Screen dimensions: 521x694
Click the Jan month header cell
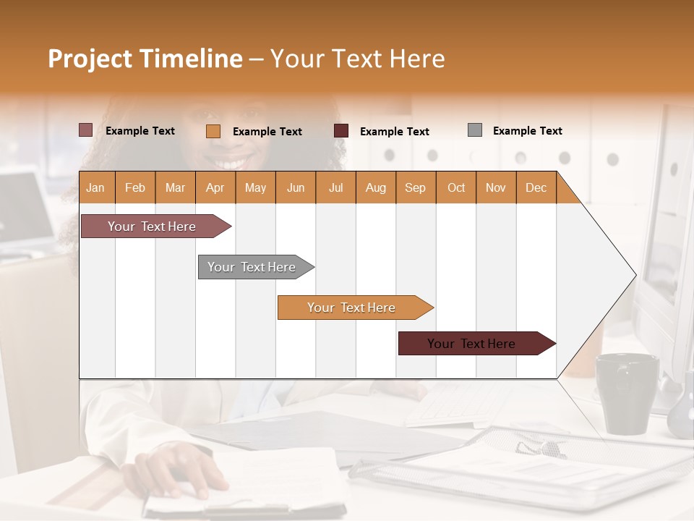[96, 187]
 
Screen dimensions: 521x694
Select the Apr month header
[215, 187]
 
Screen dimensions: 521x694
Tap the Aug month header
[376, 187]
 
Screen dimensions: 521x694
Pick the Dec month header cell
[536, 187]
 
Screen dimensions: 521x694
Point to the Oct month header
[456, 187]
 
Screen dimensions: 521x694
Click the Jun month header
[296, 187]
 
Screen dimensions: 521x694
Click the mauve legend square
[85, 130]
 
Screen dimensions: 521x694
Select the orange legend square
[213, 131]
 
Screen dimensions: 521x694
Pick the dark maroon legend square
[341, 131]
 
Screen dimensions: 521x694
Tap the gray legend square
[475, 130]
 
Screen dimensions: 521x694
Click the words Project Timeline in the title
[145, 59]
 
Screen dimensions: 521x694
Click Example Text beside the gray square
[527, 131]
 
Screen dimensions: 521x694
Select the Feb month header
[135, 187]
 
